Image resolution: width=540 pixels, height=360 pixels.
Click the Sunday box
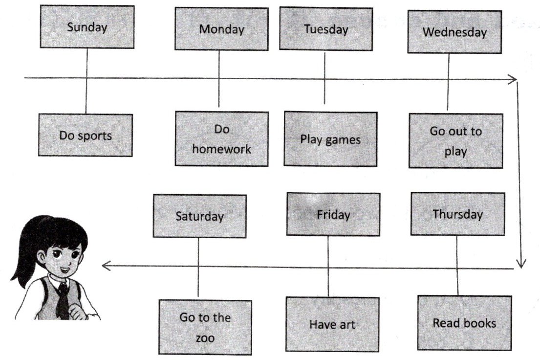87,27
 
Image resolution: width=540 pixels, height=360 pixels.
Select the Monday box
221,29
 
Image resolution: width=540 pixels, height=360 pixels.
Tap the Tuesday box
326,28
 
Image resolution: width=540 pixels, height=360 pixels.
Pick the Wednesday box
454,32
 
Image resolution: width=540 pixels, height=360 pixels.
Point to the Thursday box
457,214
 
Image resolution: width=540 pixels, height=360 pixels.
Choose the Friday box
333,214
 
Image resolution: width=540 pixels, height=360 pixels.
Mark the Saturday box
199,216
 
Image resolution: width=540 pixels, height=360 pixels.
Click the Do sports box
86,135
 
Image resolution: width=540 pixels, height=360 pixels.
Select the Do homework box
221,139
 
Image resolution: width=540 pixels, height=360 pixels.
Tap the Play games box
330,139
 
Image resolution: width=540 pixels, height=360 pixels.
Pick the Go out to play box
455,141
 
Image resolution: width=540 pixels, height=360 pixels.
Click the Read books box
464,323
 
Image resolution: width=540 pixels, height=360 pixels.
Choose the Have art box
332,324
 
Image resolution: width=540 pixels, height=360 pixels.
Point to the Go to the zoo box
205,327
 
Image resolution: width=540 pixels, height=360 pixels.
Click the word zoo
205,337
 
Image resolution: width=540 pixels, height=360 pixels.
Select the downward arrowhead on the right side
521,264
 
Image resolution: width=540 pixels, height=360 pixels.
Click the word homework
221,149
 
